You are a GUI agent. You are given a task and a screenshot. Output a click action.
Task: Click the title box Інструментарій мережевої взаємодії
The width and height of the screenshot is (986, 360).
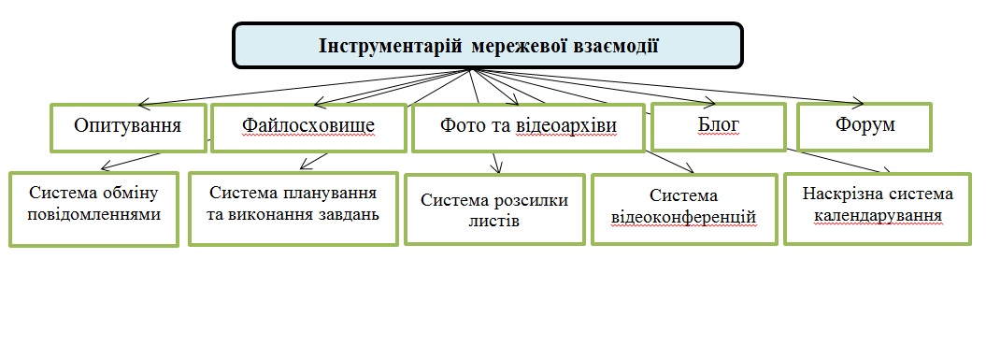coord(487,46)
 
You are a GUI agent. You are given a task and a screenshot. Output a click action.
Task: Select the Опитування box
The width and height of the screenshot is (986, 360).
coord(128,126)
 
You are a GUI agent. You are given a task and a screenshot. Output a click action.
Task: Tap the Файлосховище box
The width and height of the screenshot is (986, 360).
coord(309,126)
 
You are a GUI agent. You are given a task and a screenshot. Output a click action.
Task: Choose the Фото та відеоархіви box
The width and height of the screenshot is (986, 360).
coord(528,127)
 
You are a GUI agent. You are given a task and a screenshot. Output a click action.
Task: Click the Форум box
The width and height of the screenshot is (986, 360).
coord(863,126)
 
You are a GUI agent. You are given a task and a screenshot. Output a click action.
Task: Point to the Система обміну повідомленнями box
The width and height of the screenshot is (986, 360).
coord(93,209)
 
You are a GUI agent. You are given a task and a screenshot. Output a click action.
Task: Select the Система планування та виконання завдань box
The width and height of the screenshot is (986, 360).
coord(293,207)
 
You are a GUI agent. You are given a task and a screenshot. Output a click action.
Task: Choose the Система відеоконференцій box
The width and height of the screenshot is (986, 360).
coord(683,209)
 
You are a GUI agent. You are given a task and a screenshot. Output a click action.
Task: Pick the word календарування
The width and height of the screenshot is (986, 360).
coord(878,216)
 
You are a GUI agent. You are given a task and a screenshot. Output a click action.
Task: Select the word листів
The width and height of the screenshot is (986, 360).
coord(494,222)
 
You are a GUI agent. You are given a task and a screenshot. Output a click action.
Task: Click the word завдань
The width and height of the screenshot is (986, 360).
coord(347,216)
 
